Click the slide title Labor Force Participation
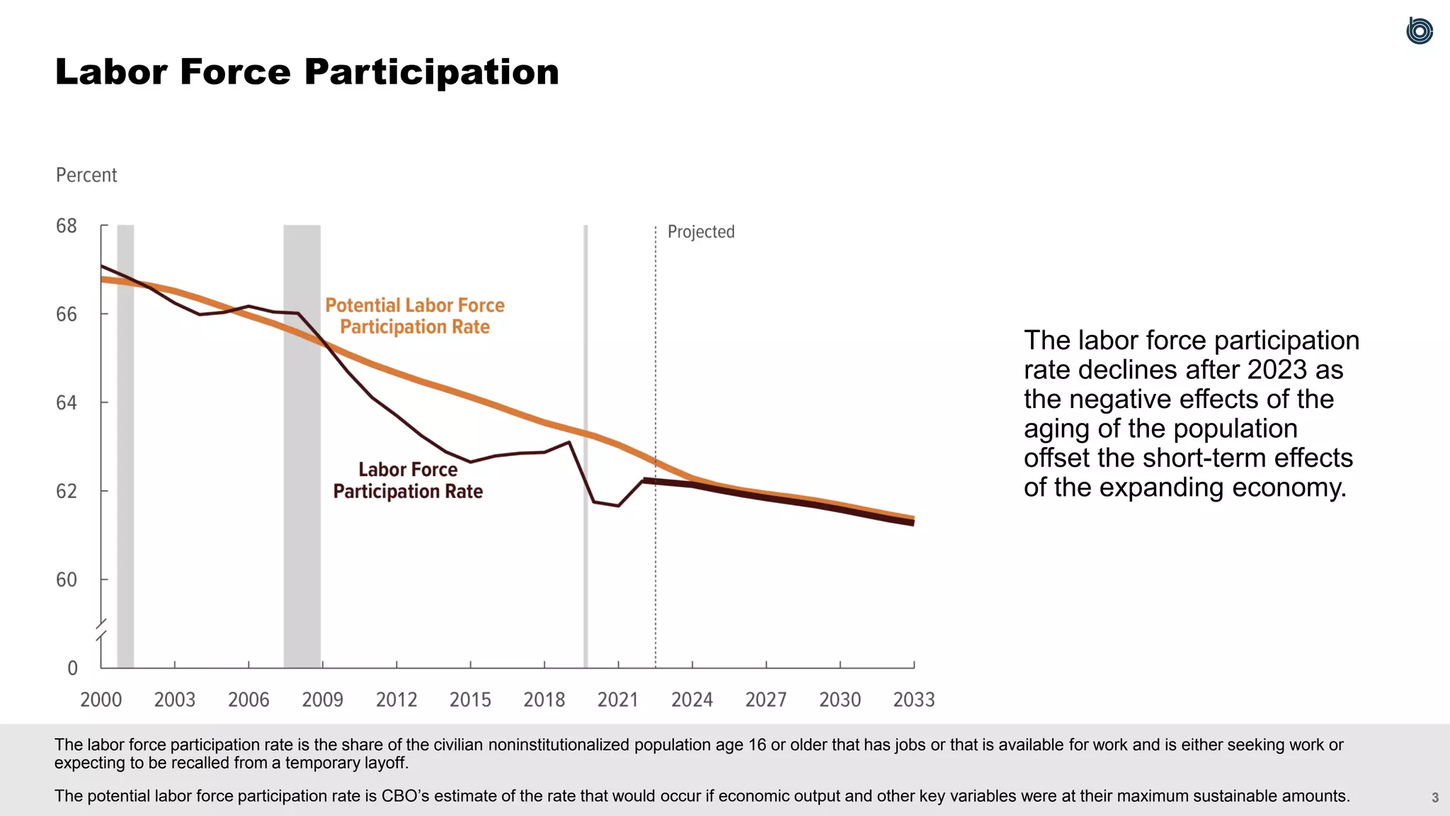[x=307, y=72]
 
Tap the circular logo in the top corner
[x=1419, y=31]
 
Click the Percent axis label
[x=86, y=175]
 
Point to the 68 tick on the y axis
[x=67, y=226]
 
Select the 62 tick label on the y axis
[x=67, y=491]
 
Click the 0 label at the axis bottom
[x=72, y=668]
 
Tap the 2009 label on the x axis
[x=322, y=700]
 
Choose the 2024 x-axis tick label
[x=692, y=700]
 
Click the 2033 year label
[x=913, y=700]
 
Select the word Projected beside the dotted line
[x=701, y=232]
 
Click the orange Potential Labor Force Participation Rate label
[x=415, y=316]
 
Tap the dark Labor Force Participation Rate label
[x=408, y=480]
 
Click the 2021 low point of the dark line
[x=618, y=506]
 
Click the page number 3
[x=1434, y=798]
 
